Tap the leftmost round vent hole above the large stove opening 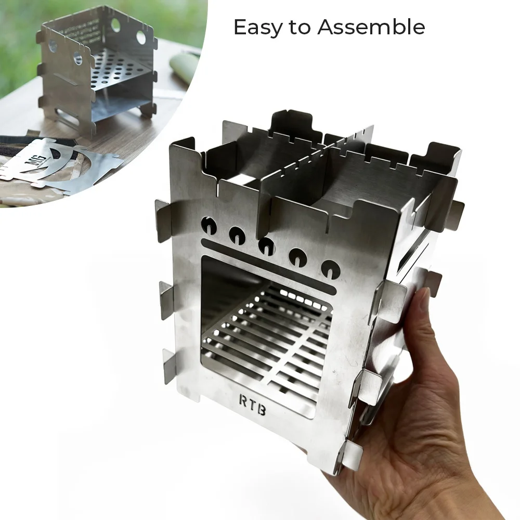[209, 225]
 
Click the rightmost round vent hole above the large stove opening [330, 269]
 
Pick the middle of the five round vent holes [267, 246]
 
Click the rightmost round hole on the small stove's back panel [141, 37]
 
